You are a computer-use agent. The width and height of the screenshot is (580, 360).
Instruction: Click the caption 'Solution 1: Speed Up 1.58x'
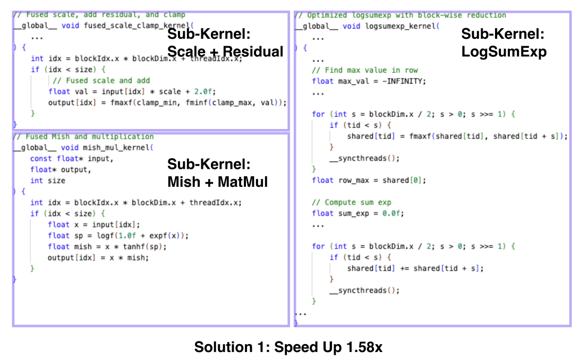(288, 347)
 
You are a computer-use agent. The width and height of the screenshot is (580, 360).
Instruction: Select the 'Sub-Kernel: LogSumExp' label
(503, 43)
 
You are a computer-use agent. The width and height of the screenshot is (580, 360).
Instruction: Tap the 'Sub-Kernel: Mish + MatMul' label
(217, 173)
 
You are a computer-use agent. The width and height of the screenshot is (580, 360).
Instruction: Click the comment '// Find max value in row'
(365, 70)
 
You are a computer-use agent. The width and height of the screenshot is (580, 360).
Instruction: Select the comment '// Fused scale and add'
(100, 81)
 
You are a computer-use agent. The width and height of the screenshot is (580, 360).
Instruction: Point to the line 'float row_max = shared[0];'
(369, 180)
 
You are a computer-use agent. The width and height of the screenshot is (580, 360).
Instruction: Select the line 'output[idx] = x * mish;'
(98, 258)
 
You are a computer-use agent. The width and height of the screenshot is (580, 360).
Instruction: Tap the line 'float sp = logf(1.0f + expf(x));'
(118, 235)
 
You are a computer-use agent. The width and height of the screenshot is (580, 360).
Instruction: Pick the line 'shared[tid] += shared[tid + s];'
(415, 268)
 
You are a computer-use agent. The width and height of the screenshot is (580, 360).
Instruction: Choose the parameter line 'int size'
(48, 181)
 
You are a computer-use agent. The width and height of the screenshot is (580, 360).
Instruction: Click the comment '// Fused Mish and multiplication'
(83, 136)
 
